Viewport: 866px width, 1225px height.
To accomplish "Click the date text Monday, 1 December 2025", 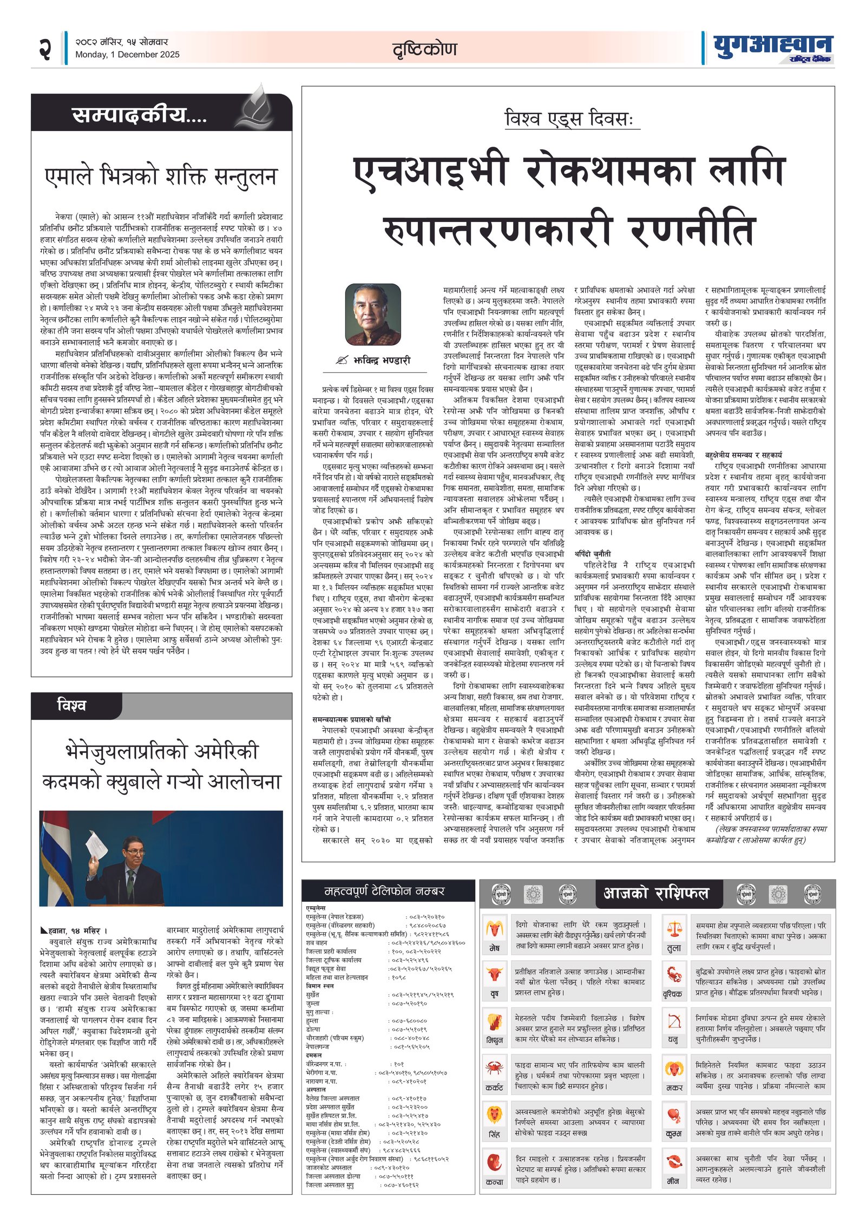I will click(x=127, y=55).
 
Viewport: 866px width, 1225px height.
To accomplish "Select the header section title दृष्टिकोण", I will click(x=425, y=49).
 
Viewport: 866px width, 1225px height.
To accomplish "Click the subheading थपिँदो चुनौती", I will click(x=593, y=554).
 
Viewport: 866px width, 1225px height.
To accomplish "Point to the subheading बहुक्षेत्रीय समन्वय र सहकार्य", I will click(x=743, y=455).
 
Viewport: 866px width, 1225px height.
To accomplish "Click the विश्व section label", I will click(x=71, y=705).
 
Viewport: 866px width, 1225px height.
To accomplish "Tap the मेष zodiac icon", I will click(x=494, y=929).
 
